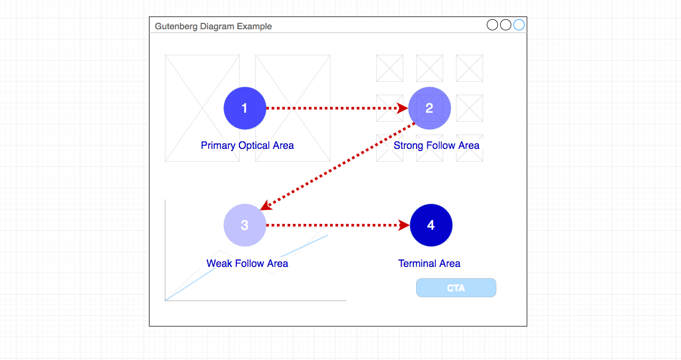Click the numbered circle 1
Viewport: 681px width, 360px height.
click(x=245, y=108)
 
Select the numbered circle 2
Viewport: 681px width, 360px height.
click(x=430, y=108)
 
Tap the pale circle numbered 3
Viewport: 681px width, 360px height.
click(x=245, y=225)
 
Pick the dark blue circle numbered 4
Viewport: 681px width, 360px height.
click(x=431, y=225)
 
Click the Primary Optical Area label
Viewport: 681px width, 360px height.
click(x=247, y=146)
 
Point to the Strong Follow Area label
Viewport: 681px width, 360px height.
click(x=436, y=146)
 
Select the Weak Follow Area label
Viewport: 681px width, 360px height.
click(x=247, y=263)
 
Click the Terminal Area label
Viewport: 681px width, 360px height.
click(x=429, y=263)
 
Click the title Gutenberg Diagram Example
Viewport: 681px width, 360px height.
click(x=213, y=27)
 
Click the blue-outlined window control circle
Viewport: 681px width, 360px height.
click(x=519, y=25)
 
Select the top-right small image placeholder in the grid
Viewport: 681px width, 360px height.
click(x=469, y=68)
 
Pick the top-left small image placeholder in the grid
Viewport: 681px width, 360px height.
click(x=389, y=68)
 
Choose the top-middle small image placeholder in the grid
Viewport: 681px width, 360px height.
click(x=429, y=68)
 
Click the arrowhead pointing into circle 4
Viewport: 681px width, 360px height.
click(x=404, y=225)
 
